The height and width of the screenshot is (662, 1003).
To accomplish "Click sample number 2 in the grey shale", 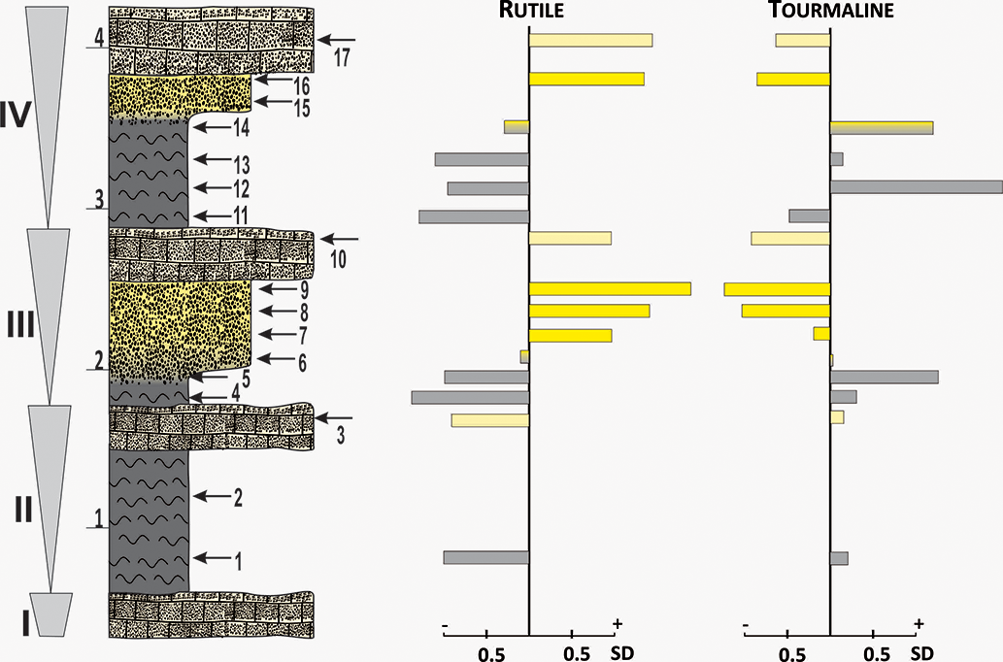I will click(237, 498).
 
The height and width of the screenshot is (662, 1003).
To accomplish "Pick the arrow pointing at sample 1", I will click(212, 558).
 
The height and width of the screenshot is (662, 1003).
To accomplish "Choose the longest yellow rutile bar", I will click(610, 288).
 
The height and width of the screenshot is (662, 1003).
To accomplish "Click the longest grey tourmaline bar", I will click(916, 186).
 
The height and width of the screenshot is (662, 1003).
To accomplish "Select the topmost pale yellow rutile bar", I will click(590, 41).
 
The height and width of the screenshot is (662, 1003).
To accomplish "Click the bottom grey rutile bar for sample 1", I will click(485, 558).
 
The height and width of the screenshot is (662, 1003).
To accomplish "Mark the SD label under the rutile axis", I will click(622, 651).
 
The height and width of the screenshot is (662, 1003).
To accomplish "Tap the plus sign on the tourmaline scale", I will click(919, 623).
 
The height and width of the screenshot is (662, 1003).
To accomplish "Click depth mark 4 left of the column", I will click(99, 40).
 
